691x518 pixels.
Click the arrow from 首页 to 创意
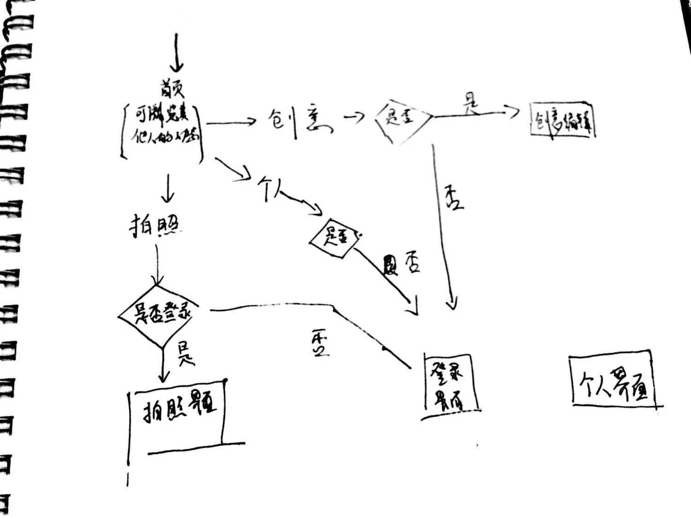coord(230,122)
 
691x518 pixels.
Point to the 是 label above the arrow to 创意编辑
coord(470,104)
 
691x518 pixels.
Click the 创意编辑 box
coord(562,121)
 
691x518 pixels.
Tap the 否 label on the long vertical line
coord(454,198)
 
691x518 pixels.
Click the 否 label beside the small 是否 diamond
coord(411,264)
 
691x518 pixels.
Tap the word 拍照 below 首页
coord(154,226)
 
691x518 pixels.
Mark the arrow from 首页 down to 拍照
coord(168,189)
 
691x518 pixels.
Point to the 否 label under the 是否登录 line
coord(319,343)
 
